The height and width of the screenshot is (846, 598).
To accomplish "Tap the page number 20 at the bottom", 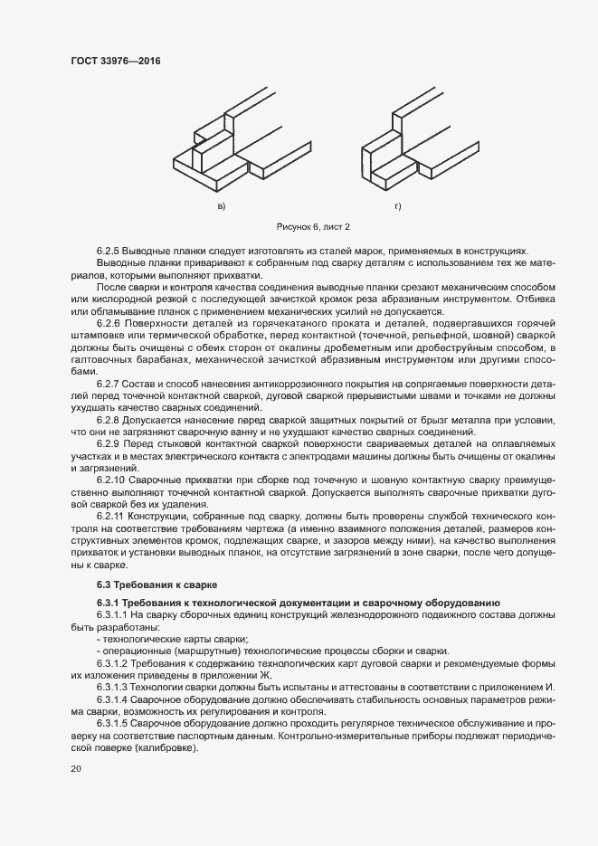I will pyautogui.click(x=76, y=768).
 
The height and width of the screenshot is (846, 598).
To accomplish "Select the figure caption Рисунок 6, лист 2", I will pyautogui.click(x=311, y=225).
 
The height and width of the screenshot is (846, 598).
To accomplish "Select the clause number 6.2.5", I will pyautogui.click(x=109, y=251).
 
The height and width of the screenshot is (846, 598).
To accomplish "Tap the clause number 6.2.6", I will pyautogui.click(x=109, y=323).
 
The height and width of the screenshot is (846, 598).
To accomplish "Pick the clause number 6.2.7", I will pyautogui.click(x=109, y=383).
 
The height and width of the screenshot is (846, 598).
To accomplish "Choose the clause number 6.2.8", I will pyautogui.click(x=109, y=419).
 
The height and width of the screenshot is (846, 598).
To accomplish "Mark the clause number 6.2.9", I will pyautogui.click(x=109, y=443).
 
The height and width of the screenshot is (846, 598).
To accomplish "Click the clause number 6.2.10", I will pyautogui.click(x=111, y=479).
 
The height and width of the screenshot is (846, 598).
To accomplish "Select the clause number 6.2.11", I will pyautogui.click(x=111, y=515).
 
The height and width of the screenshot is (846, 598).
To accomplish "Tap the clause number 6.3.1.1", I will pyautogui.click(x=113, y=615).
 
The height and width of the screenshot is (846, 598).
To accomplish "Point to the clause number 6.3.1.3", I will pyautogui.click(x=113, y=686).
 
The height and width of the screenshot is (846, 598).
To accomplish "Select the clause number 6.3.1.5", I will pyautogui.click(x=113, y=723).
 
